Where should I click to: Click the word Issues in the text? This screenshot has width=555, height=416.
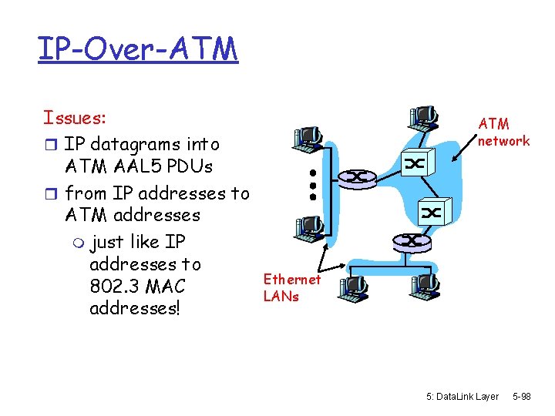pyautogui.click(x=74, y=118)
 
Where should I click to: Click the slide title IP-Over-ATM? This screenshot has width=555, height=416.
pyautogui.click(x=137, y=49)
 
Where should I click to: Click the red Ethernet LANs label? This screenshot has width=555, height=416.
pyautogui.click(x=291, y=287)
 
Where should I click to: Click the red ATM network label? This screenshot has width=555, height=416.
pyautogui.click(x=503, y=132)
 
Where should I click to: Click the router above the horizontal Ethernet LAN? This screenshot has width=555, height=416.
pyautogui.click(x=414, y=240)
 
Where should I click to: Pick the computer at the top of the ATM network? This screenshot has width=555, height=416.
pyautogui.click(x=423, y=114)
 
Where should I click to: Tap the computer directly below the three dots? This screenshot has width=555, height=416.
pyautogui.click(x=308, y=226)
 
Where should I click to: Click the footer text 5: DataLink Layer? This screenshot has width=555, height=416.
pyautogui.click(x=462, y=397)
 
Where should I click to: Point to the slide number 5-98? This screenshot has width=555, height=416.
pyautogui.click(x=521, y=397)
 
